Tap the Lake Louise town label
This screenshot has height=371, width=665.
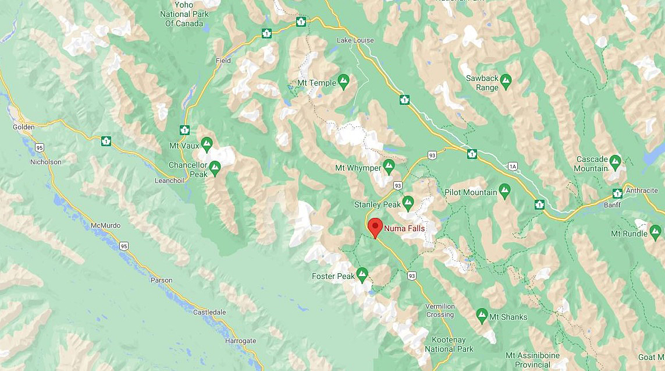click(355, 40)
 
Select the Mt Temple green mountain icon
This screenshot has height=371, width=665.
click(343, 83)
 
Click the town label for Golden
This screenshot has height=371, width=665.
click(24, 127)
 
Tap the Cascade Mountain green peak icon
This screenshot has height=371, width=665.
click(616, 160)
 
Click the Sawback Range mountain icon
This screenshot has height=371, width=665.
click(506, 79)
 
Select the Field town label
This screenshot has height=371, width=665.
click(223, 61)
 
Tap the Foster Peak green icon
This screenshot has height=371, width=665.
click(362, 273)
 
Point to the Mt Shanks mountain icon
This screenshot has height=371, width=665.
click(482, 316)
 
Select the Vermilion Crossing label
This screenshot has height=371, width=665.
click(439, 310)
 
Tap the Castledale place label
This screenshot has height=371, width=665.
click(209, 312)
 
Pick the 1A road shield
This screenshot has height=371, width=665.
click(512, 167)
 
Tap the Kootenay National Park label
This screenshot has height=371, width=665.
click(449, 344)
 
